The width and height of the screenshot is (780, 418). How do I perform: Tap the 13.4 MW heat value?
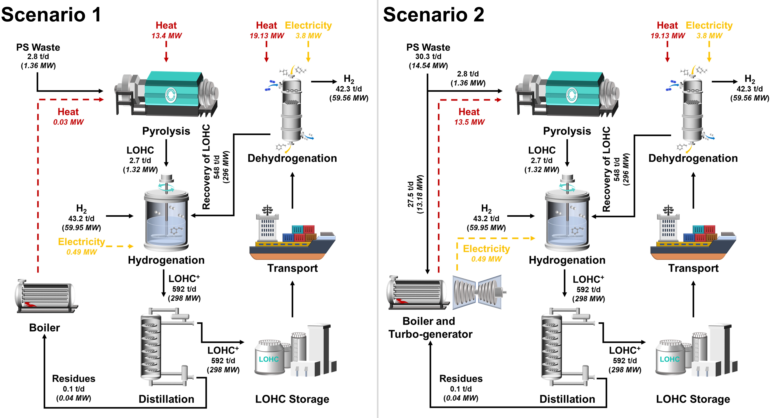167,36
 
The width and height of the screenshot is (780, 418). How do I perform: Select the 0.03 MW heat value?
68,122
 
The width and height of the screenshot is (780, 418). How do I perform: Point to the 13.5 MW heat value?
469,122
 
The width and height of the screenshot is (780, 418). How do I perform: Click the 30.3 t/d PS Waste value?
428,57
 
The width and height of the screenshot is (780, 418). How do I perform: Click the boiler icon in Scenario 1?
45,296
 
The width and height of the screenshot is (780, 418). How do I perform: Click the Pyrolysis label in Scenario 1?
166,131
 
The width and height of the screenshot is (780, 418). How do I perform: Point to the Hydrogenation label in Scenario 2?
567,260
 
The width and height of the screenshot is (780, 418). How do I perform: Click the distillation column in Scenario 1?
151,347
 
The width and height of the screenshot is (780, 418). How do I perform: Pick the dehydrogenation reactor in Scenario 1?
291,109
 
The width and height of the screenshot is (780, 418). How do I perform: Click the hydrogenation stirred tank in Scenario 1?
167,218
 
